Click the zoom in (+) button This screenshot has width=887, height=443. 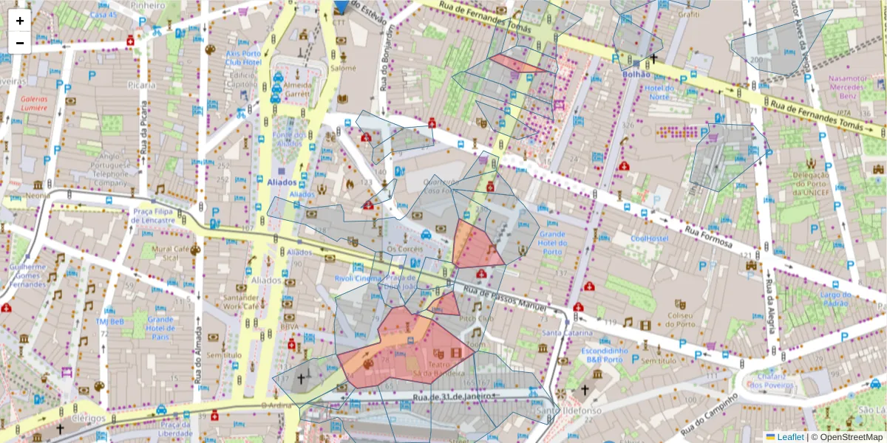[x=20, y=21]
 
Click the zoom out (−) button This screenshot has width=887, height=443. [x=20, y=43]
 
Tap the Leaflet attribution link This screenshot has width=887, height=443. [x=790, y=437]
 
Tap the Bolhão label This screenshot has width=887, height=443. [x=636, y=74]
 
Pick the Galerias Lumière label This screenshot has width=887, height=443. [x=34, y=103]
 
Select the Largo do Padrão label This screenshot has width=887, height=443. [x=835, y=299]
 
